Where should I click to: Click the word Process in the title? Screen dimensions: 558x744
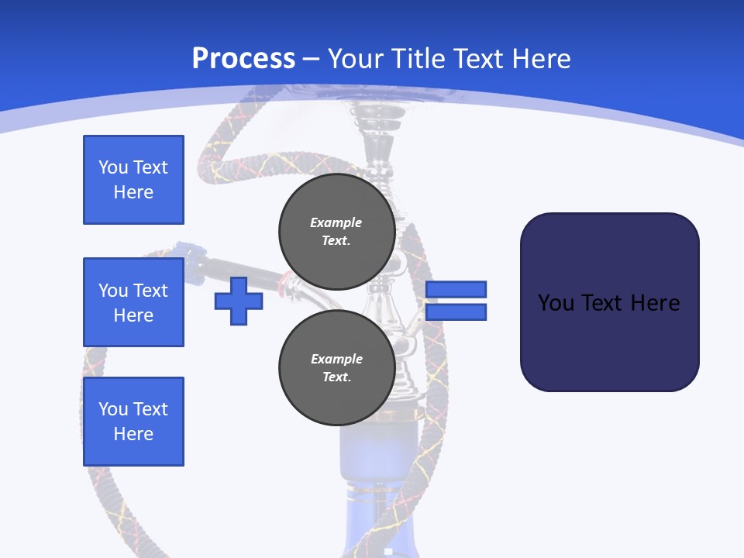click(243, 58)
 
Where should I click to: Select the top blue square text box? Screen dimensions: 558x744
click(133, 180)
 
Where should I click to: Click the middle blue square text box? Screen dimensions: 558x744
click(133, 302)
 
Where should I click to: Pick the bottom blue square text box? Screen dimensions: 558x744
click(133, 422)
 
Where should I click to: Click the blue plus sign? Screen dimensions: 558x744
click(239, 301)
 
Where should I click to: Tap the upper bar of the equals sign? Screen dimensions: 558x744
click(456, 289)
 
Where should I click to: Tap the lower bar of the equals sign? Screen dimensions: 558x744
click(456, 312)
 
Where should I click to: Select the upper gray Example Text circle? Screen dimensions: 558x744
click(336, 232)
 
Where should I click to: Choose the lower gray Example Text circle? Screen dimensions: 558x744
click(336, 368)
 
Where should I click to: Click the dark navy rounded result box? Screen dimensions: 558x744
click(609, 302)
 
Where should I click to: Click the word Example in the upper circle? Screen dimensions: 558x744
click(336, 222)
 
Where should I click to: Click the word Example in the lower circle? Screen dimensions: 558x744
click(336, 359)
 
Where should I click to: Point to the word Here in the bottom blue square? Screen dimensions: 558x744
click(133, 434)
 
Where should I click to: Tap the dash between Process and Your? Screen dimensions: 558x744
click(312, 59)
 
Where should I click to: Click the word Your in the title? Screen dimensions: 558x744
click(355, 58)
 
